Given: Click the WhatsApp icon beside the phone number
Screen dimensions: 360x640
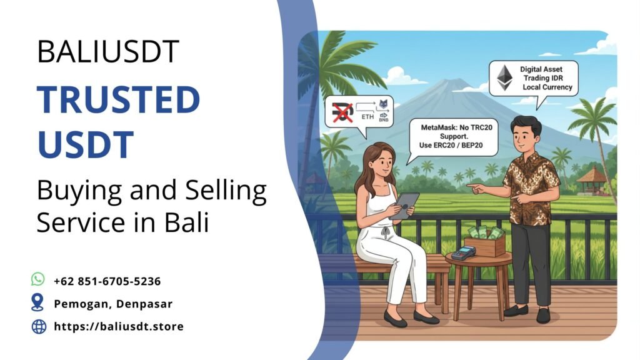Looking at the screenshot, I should point(38,280).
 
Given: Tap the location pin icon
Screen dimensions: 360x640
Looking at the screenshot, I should point(38,302).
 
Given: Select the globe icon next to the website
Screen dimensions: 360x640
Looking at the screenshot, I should point(39,326).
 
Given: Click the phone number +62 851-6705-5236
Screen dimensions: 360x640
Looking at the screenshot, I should point(107,281).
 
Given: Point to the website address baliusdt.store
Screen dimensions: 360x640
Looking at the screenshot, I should point(119,326).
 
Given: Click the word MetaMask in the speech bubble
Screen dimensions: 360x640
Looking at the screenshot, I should point(436,127).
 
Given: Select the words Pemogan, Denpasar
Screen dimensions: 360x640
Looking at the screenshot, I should point(113,304).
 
